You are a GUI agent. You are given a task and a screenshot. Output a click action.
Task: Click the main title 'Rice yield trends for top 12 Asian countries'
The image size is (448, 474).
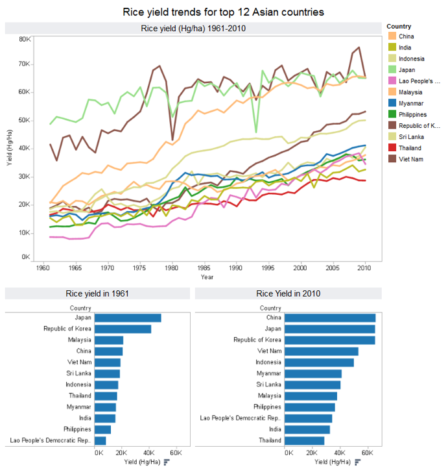tap(223, 12)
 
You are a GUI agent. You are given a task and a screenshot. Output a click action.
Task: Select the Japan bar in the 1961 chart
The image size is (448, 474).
tap(128, 318)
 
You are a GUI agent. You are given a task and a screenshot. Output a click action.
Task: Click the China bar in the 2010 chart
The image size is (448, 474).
tap(330, 318)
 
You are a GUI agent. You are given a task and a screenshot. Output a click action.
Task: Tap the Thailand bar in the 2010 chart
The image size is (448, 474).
tap(305, 440)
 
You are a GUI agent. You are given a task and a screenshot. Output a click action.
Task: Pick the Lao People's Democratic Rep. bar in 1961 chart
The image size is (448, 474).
tap(100, 440)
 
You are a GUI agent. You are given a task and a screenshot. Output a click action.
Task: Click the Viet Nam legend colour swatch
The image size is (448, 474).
tap(392, 158)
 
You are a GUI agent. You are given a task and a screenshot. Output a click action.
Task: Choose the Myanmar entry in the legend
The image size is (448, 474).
tap(411, 103)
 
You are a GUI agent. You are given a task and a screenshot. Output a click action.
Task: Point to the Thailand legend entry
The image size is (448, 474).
tap(410, 147)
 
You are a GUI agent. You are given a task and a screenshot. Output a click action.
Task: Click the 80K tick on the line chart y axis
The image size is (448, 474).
tap(24, 39)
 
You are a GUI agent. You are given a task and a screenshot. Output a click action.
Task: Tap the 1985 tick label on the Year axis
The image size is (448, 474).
tap(204, 268)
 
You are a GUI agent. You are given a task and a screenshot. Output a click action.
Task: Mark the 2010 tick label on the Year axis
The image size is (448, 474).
tap(364, 268)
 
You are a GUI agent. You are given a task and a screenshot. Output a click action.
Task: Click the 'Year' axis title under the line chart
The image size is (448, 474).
tap(207, 277)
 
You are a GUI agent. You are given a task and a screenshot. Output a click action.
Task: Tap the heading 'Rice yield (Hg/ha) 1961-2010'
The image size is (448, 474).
tap(193, 28)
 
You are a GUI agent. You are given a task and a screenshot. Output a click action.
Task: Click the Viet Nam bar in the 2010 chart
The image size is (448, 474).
tap(322, 351)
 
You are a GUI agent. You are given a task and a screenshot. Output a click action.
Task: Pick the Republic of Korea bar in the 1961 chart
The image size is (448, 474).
tap(123, 329)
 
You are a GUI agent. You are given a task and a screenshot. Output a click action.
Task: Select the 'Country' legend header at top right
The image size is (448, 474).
tap(399, 27)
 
